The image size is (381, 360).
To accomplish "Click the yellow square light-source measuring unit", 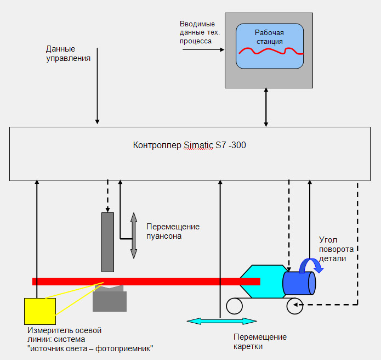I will pos(40,311).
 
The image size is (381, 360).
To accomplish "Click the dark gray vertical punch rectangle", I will pos(107,241).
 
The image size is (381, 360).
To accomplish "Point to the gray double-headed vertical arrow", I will pos(133,236).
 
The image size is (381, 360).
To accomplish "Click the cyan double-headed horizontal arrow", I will pos(221,320).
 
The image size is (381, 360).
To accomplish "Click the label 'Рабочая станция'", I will pos(269,37).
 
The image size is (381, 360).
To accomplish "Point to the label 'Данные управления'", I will pos(68,53).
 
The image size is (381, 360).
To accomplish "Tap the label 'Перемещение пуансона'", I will pos(173,231).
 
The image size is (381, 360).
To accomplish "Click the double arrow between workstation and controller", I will pos(267,108).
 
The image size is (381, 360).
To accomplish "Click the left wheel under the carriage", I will pos(235,306).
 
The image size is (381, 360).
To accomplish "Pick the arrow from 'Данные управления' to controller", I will pos(98,88).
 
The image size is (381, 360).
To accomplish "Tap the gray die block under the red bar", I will pos(110,300).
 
